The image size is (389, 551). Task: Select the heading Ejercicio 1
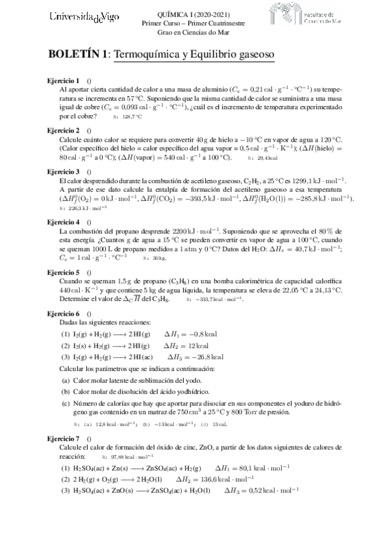coord(64,80)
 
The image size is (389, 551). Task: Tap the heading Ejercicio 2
coord(64,131)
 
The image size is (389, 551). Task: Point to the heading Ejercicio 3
coord(64,171)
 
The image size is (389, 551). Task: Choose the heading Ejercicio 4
coord(64,222)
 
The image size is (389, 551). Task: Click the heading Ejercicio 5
coord(64,272)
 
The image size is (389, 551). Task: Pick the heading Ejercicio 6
coord(64,313)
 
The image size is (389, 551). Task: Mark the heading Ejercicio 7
coord(64,440)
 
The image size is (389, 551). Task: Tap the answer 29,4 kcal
coord(268,157)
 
